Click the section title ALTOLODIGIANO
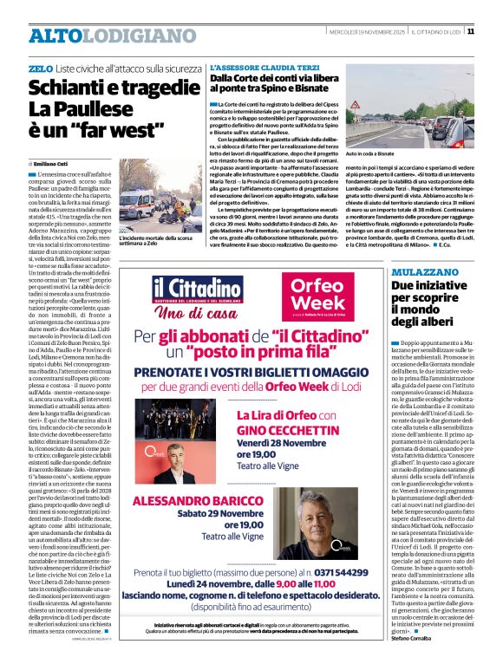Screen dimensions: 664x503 click(100, 36)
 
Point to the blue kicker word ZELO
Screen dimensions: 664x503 click(40, 68)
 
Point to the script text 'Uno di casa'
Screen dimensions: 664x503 click(193, 312)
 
